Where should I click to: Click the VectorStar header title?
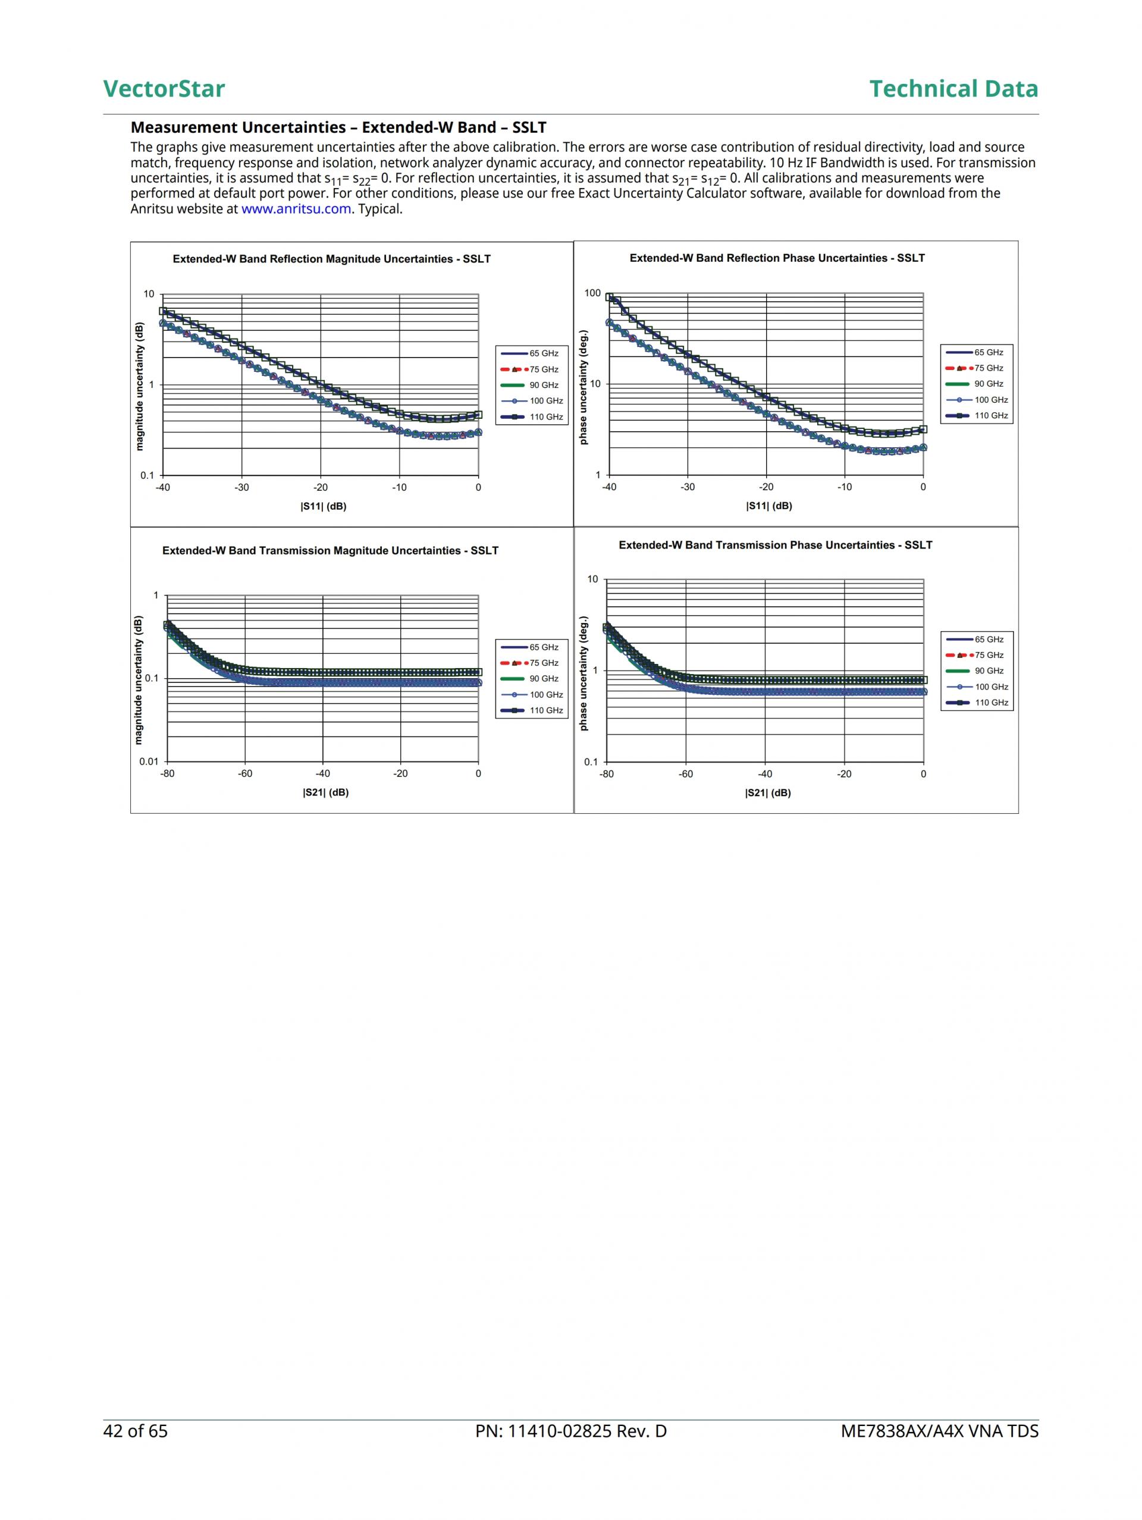coord(164,89)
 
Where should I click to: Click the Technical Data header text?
coord(953,89)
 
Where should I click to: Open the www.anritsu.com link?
coord(296,209)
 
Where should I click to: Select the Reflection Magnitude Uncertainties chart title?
coord(331,259)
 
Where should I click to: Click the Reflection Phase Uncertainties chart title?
coord(776,258)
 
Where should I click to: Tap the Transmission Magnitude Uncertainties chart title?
coord(330,550)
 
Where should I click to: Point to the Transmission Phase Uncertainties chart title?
coord(775,545)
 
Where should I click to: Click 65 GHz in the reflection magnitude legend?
coord(544,353)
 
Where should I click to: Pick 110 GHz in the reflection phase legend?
coord(991,416)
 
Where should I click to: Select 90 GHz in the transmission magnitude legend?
coord(544,679)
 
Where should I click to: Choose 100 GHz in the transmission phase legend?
coord(991,687)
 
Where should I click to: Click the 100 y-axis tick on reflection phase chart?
coord(592,293)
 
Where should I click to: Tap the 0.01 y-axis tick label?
coord(149,761)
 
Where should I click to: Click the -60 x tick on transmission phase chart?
coord(685,774)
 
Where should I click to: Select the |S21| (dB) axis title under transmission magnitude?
coord(325,792)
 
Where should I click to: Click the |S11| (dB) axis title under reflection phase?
coord(769,506)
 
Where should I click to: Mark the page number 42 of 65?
coord(136,1431)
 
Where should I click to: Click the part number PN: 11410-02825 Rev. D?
coord(570,1431)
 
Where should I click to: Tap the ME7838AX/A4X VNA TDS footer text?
coord(939,1431)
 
